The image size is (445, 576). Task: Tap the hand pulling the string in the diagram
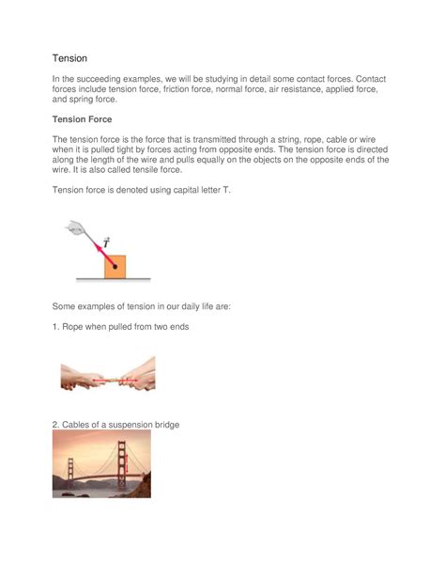click(74, 226)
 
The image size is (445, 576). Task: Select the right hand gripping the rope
click(140, 374)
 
